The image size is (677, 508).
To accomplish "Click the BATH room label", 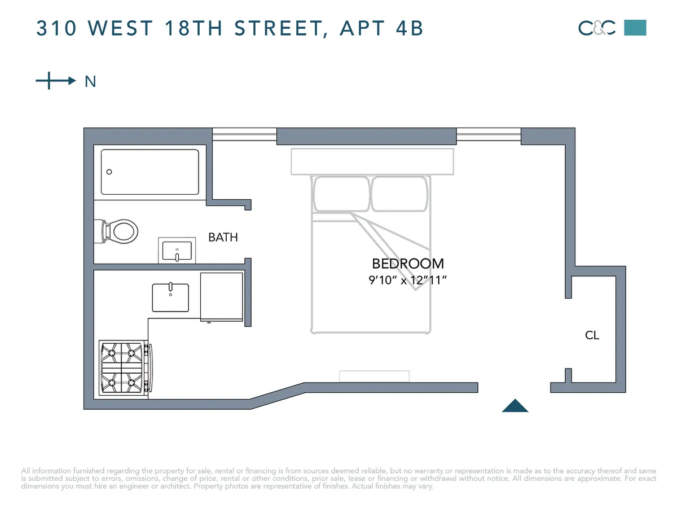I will click(x=223, y=237).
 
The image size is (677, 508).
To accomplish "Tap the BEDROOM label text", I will click(x=408, y=264).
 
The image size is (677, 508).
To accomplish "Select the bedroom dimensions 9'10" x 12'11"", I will click(x=408, y=280).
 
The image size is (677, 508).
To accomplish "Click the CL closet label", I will click(x=592, y=335).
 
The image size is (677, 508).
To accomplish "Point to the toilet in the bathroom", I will click(x=121, y=231).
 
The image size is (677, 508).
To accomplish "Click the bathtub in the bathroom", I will click(x=150, y=172).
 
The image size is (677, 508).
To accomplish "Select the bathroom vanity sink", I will click(x=177, y=251).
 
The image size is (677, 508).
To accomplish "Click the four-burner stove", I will click(x=121, y=367).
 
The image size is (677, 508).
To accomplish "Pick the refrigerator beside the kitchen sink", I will click(x=222, y=296).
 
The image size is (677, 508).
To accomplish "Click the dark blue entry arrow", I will click(x=515, y=406).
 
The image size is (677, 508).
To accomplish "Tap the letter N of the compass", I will click(x=90, y=82).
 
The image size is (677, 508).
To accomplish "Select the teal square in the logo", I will click(x=635, y=28).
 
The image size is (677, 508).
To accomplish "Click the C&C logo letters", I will click(x=597, y=28).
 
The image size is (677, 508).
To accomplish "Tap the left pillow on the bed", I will click(x=341, y=194).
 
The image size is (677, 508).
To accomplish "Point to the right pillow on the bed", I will click(x=399, y=194).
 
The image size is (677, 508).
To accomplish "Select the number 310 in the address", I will click(x=57, y=28).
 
